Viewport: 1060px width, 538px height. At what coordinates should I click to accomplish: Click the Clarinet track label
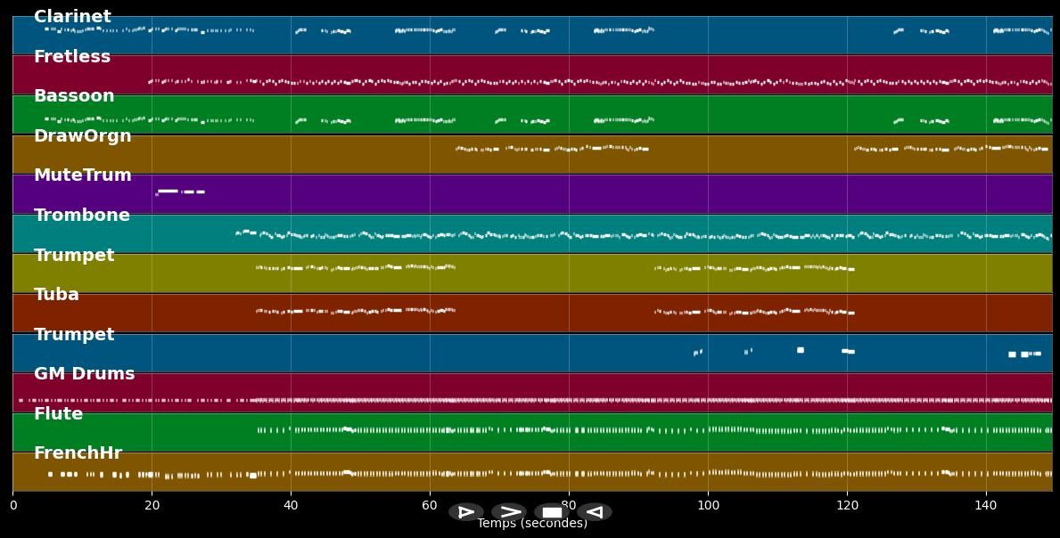(x=72, y=17)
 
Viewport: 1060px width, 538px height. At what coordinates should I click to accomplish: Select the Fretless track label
(x=72, y=57)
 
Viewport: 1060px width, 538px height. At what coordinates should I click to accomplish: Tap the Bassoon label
(x=74, y=96)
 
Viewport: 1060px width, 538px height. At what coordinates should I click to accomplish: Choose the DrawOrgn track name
(x=82, y=136)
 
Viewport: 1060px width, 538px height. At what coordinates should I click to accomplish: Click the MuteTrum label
(x=82, y=175)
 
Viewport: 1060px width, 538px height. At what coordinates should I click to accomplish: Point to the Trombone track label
(x=81, y=216)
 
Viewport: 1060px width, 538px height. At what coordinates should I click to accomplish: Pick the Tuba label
(x=56, y=295)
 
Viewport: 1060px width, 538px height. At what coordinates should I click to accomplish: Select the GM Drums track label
(x=84, y=374)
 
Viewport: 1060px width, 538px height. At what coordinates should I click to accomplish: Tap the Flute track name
(x=58, y=414)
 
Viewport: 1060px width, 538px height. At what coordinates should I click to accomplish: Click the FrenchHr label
(x=78, y=453)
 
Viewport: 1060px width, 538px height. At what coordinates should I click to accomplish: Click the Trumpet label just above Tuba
(x=74, y=256)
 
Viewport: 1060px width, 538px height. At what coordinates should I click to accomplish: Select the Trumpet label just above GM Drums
(x=74, y=335)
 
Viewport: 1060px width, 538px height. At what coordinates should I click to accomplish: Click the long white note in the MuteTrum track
(x=168, y=191)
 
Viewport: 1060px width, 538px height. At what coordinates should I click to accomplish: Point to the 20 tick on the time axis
(x=152, y=505)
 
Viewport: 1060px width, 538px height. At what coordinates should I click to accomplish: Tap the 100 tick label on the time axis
(x=708, y=505)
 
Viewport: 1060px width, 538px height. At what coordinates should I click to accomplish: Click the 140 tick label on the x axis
(x=986, y=505)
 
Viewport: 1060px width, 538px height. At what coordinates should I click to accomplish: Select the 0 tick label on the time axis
(x=12, y=505)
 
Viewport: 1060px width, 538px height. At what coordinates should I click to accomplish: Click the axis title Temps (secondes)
(x=532, y=524)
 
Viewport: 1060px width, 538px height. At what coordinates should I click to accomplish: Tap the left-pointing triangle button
(x=595, y=512)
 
